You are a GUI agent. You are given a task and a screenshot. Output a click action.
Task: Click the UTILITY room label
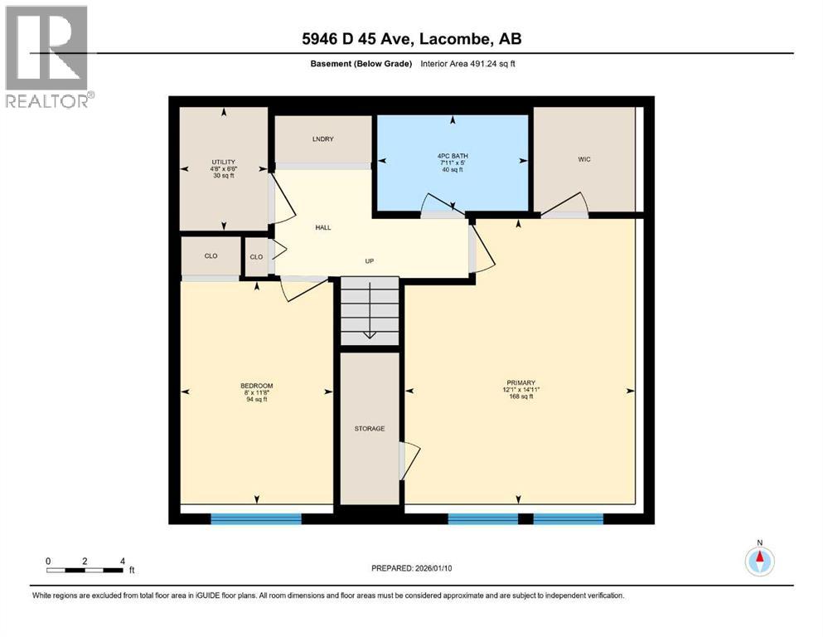(224, 162)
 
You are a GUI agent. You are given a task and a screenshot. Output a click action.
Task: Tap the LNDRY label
(322, 139)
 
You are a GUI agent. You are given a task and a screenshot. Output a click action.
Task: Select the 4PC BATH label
(453, 156)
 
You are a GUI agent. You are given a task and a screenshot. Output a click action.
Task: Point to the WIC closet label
(584, 159)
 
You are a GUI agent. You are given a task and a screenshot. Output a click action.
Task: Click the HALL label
(323, 227)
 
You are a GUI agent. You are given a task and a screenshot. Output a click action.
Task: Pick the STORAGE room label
(370, 429)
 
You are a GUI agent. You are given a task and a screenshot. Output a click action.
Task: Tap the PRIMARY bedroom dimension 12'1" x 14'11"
(521, 390)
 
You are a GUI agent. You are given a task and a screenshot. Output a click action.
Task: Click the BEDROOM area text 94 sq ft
(257, 399)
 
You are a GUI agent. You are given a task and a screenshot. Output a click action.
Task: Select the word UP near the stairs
(370, 261)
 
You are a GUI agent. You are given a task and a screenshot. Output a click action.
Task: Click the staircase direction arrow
(370, 310)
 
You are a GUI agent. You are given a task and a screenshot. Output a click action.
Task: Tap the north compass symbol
(759, 562)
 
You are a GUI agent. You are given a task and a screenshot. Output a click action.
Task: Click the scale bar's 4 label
(123, 561)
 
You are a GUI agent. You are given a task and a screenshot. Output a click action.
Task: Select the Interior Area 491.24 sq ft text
(467, 64)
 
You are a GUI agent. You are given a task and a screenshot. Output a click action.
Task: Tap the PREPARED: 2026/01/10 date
(411, 568)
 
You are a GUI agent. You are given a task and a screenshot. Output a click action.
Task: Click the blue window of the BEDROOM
(256, 519)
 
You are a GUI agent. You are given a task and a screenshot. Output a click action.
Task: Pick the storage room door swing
(410, 460)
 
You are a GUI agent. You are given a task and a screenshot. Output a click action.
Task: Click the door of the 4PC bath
(443, 206)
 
